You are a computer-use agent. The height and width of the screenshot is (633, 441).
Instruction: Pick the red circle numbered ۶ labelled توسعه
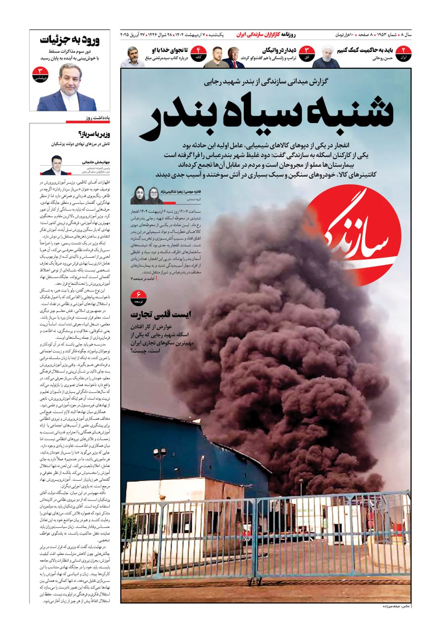click(138, 297)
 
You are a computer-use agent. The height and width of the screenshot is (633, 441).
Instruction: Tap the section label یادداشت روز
click(97, 118)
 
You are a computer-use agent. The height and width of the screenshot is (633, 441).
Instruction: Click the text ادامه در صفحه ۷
click(143, 279)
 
